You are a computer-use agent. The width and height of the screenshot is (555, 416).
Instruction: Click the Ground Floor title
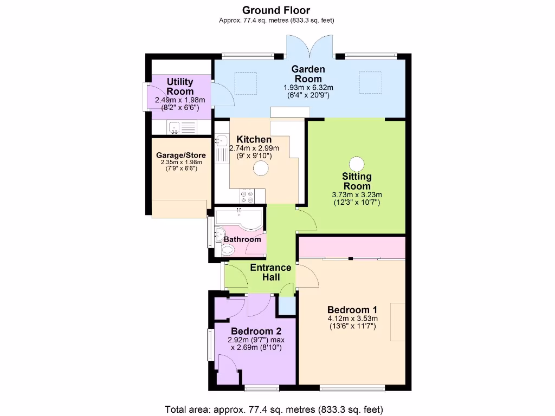coord(276,10)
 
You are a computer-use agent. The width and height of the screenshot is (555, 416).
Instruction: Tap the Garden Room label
coord(308,74)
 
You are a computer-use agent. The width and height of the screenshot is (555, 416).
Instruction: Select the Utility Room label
coord(180,87)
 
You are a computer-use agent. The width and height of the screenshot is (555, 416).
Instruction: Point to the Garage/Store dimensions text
coord(181,165)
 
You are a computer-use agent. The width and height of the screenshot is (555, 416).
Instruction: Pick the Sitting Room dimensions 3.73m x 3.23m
coord(357,195)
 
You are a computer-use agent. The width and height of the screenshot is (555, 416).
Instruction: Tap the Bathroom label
coord(242,239)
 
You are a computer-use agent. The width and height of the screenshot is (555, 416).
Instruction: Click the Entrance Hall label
coord(270,272)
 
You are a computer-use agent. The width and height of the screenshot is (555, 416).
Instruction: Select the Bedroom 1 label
coord(352,309)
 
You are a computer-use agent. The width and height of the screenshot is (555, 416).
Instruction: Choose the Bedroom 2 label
coord(256,331)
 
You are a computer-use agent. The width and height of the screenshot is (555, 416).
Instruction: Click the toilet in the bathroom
coord(228,249)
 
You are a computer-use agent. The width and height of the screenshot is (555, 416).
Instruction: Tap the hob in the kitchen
coord(248,196)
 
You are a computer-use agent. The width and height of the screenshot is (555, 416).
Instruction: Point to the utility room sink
coord(175,128)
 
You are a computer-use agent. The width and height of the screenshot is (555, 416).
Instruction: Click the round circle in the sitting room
coord(357,164)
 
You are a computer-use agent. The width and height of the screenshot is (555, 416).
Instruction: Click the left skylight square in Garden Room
coord(244,82)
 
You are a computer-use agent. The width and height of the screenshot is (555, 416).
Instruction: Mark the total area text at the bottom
coord(276,409)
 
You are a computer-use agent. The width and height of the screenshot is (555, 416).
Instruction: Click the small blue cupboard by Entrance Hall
coord(286,306)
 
